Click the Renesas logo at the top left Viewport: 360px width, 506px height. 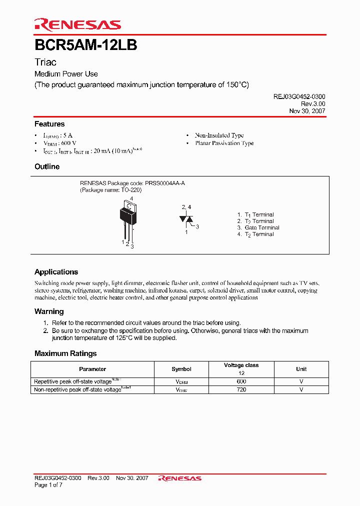click(77, 24)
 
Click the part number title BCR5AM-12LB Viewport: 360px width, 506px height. click(85, 45)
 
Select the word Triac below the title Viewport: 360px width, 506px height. click(45, 62)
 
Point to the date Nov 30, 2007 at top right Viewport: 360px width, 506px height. click(307, 111)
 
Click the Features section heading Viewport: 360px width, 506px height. click(49, 124)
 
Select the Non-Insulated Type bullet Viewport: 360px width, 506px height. click(219, 135)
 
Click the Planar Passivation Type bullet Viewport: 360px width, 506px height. click(224, 143)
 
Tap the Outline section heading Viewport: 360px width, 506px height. click(47, 166)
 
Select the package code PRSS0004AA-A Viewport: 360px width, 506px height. click(164, 183)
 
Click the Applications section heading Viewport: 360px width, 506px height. click(56, 272)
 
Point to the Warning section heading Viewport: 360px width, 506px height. click(49, 311)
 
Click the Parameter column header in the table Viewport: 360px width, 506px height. click(92, 369)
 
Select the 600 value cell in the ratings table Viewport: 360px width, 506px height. click(241, 381)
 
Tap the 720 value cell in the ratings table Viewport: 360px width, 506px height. click(241, 389)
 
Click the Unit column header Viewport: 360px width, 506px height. click(301, 369)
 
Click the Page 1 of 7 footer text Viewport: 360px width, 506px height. click(48, 485)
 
